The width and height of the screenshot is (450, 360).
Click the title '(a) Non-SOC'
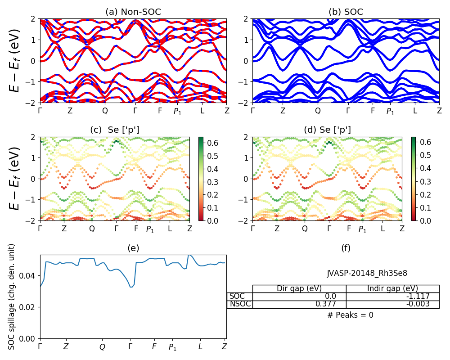point(133,12)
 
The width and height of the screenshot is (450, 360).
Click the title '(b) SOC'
point(346,12)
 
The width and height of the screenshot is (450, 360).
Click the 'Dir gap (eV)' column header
point(299,288)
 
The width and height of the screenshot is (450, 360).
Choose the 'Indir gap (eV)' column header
point(392,288)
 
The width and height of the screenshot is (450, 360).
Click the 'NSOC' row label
point(240,304)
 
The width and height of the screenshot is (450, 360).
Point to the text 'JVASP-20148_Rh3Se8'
point(367,273)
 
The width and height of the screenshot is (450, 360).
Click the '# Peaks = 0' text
point(350,315)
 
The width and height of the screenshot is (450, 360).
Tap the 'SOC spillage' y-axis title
point(12,297)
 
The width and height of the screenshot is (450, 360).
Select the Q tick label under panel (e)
point(102,347)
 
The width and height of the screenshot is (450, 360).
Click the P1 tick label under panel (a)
point(177,111)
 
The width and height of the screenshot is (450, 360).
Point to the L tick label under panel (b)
point(415,111)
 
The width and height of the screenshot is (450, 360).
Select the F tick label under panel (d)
point(349,229)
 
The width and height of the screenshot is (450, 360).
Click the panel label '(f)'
point(346,248)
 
